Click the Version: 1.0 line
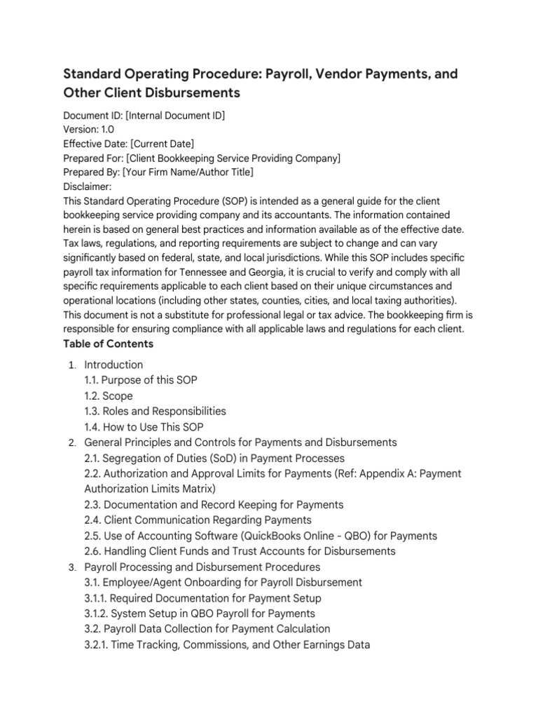point(88,130)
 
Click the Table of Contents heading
point(108,344)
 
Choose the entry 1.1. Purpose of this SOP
point(140,380)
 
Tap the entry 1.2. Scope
point(108,396)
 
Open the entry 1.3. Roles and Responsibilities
point(155,412)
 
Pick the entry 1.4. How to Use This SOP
point(144,427)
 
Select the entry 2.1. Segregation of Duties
point(214,458)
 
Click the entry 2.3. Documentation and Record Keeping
point(214,505)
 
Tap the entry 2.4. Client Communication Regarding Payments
point(198,520)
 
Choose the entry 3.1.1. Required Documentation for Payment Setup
point(202,598)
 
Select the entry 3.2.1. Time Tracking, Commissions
point(226,644)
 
